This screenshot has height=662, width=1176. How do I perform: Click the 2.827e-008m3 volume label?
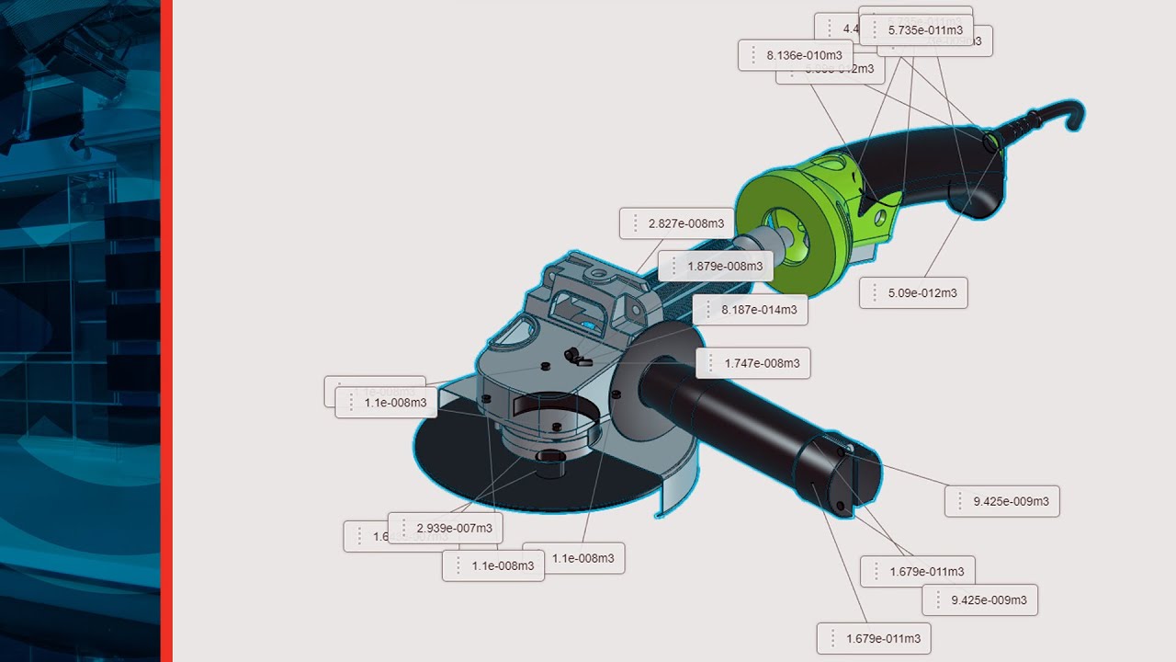685,223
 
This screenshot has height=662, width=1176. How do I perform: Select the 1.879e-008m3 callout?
724,267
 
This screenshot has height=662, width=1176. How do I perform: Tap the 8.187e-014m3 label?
758,310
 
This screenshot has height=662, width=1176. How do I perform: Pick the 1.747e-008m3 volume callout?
762,363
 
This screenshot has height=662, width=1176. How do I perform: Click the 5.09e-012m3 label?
922,293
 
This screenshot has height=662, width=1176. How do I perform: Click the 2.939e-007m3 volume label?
454,528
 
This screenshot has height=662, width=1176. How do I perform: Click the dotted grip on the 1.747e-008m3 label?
711,363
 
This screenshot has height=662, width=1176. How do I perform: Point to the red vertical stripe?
166,331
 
